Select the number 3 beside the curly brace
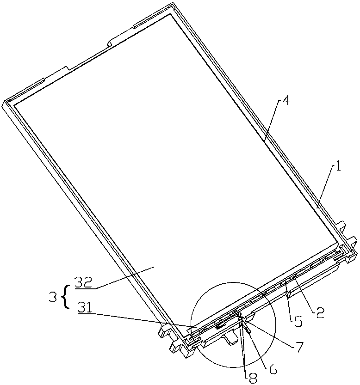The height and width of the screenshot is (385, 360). [x=54, y=294]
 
